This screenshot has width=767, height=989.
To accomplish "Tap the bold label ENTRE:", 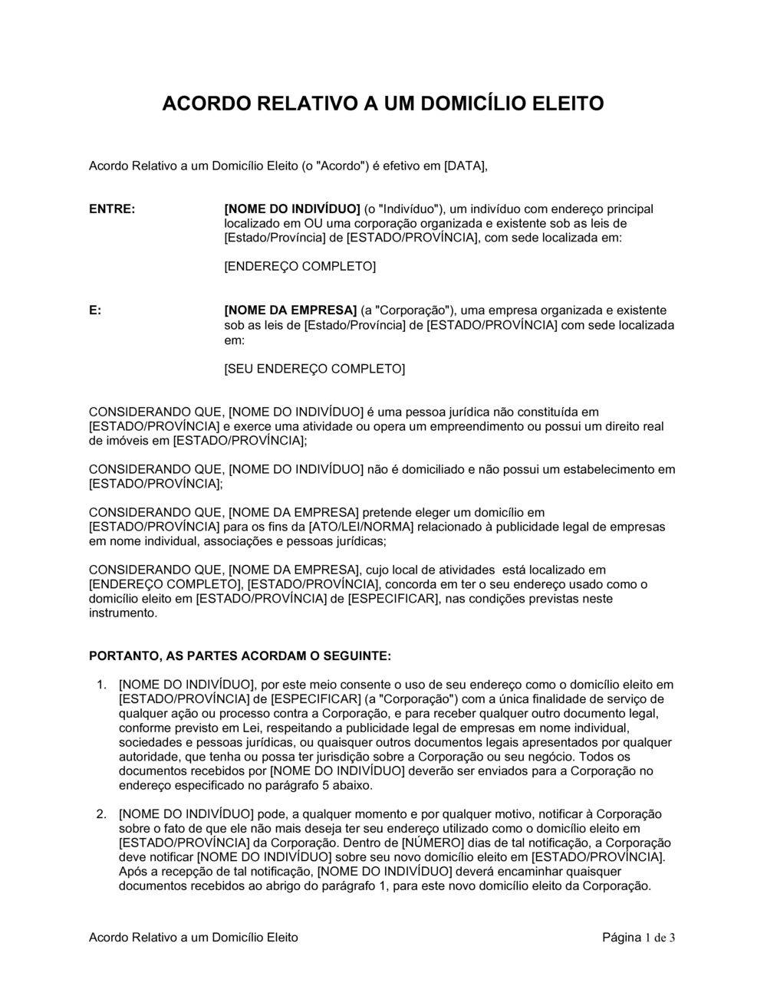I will click(113, 209).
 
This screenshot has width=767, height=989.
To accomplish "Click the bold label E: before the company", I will click(96, 310).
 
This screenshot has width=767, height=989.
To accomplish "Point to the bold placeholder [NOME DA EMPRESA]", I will click(290, 310).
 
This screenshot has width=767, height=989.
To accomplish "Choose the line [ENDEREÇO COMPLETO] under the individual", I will click(300, 267).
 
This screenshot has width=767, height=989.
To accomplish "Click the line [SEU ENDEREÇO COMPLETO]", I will click(314, 369).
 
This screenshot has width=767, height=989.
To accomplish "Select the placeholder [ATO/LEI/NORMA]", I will click(360, 527).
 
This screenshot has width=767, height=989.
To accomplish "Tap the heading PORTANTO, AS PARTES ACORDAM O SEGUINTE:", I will click(240, 656).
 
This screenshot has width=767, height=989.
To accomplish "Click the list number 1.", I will click(101, 685).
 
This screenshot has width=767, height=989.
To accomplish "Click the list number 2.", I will click(101, 814).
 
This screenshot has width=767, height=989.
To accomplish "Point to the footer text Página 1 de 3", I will click(638, 937).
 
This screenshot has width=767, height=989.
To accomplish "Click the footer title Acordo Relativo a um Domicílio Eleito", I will click(193, 937).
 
